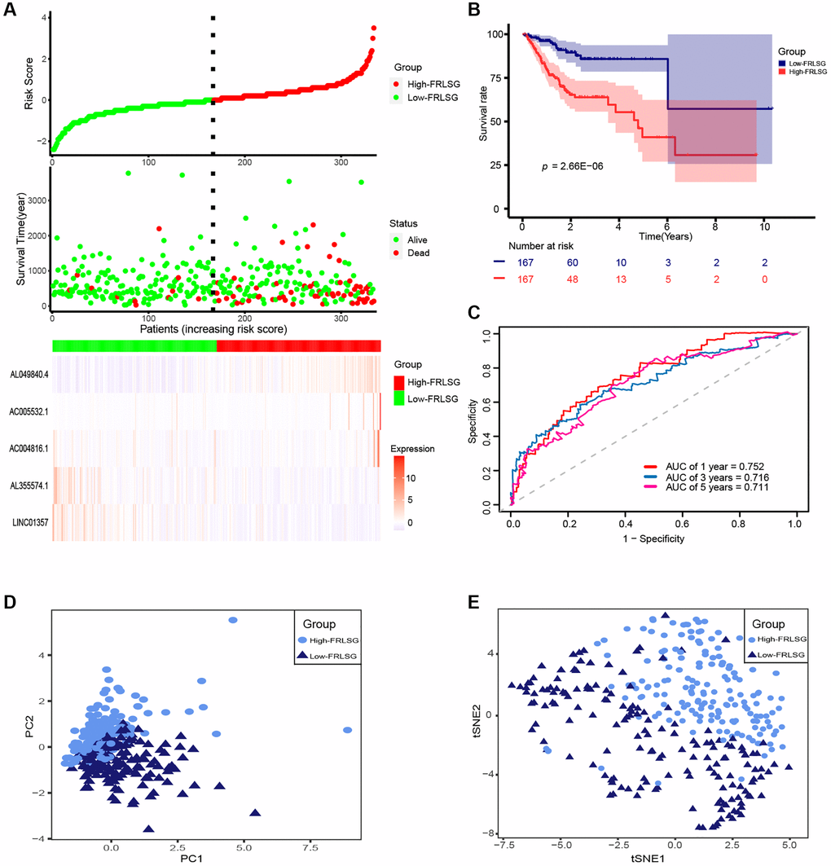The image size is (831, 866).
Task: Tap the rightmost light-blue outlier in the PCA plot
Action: pos(348,730)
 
